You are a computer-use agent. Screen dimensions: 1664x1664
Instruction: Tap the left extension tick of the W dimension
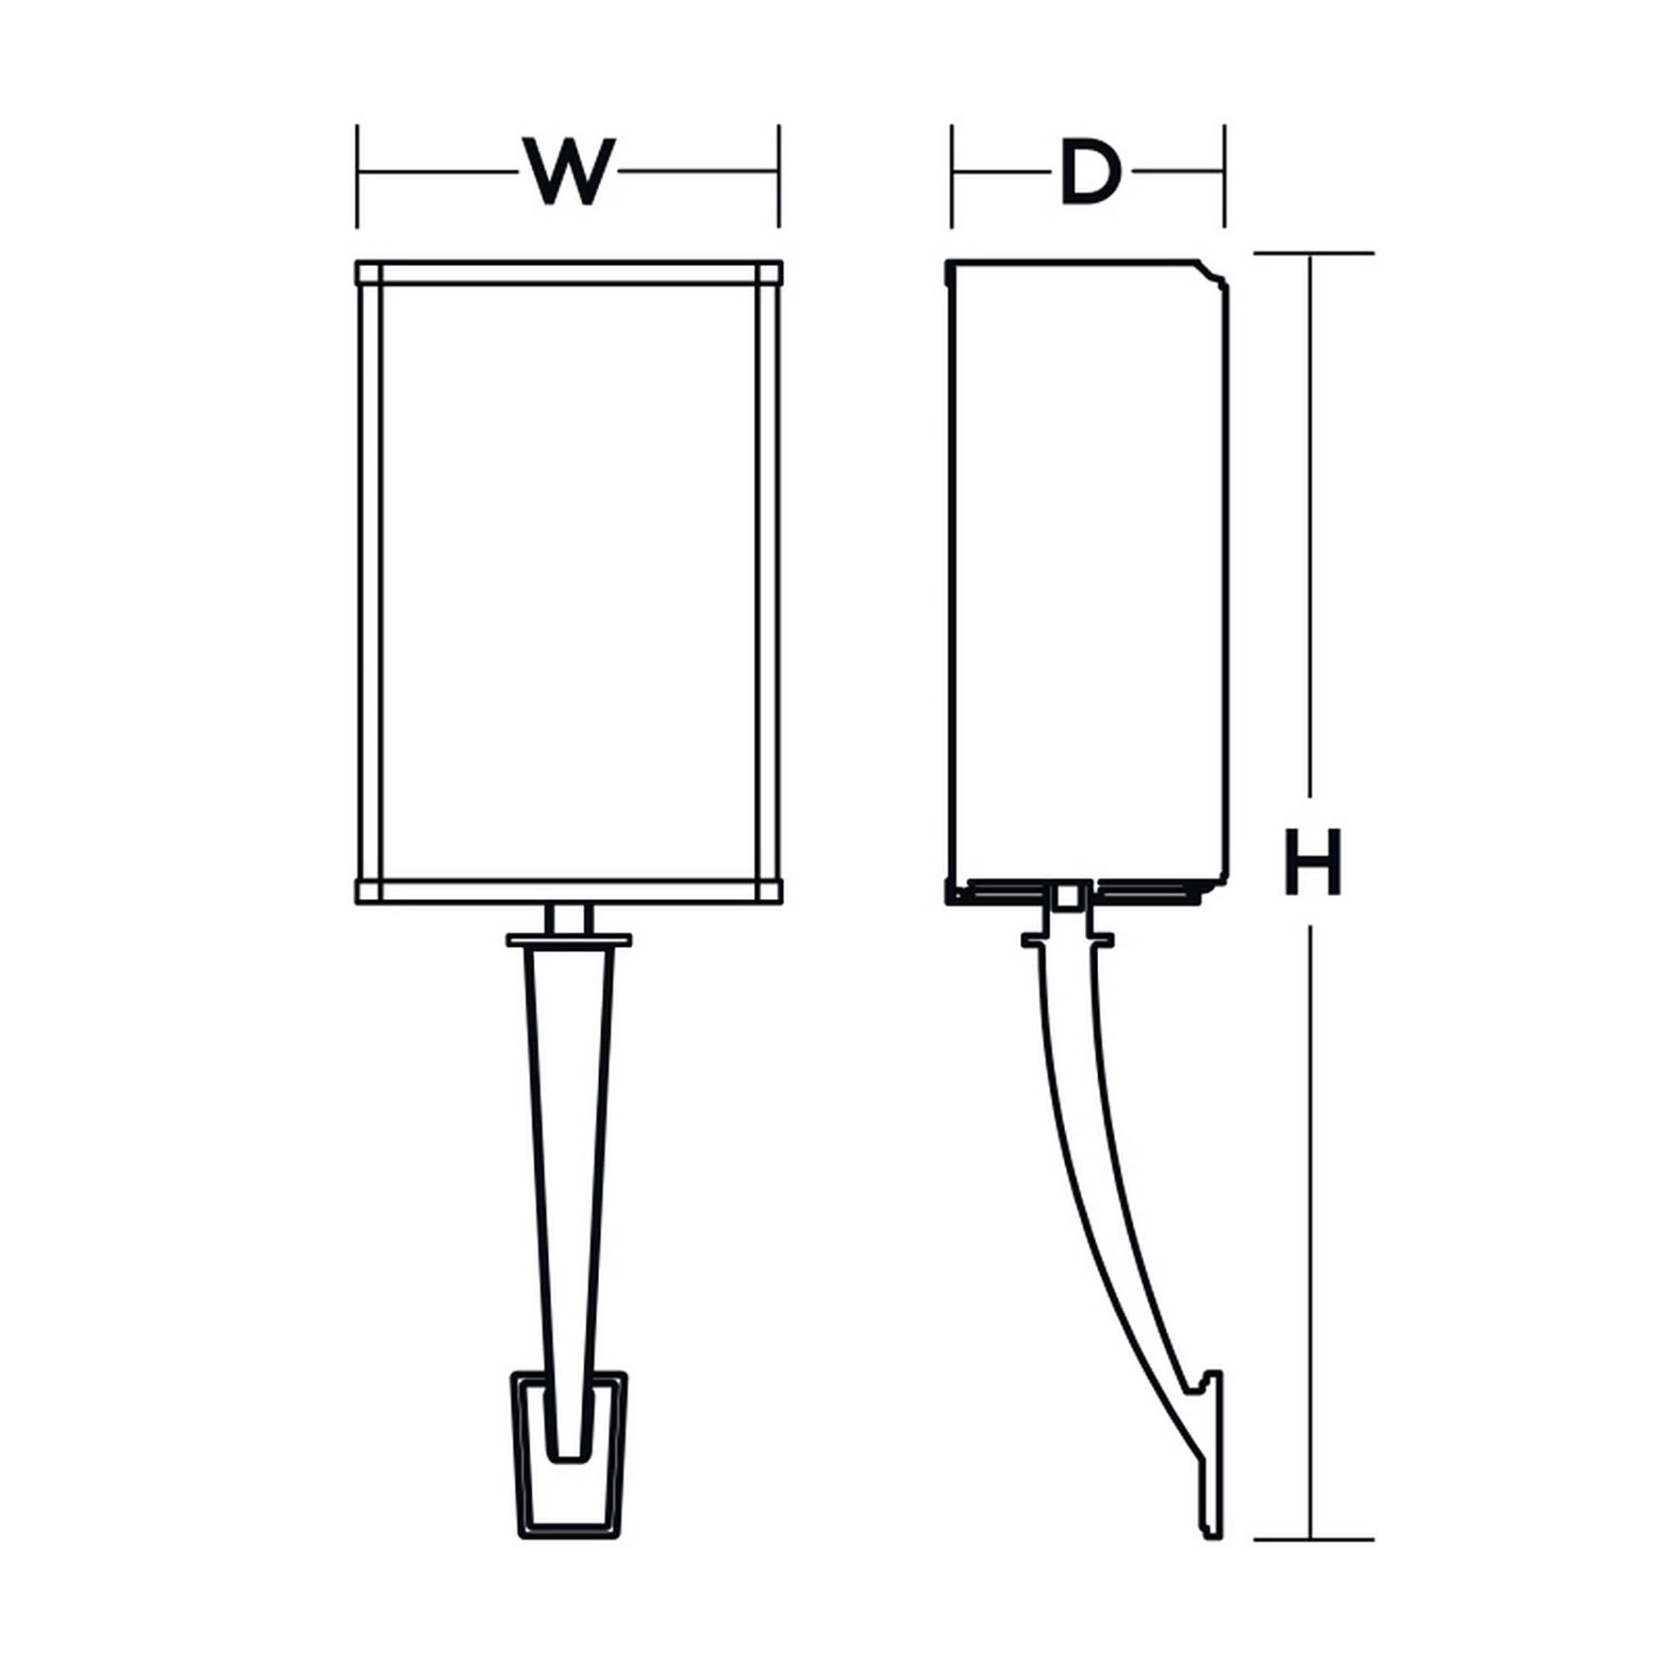click(358, 176)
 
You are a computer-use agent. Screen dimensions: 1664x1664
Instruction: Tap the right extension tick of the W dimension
click(780, 176)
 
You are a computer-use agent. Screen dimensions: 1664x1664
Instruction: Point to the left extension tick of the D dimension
click(952, 176)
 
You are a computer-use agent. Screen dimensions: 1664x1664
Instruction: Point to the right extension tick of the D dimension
click(1224, 176)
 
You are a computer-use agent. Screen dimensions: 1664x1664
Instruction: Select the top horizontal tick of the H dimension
click(1313, 253)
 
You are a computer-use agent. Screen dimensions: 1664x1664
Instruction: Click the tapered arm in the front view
click(569, 1163)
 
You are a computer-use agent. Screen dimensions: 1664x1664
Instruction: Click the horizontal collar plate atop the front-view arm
click(569, 940)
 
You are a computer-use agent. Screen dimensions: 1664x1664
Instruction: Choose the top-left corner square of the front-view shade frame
click(369, 273)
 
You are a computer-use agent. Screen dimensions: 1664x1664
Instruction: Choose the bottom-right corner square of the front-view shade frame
click(769, 890)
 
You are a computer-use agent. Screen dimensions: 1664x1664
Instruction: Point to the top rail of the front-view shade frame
click(569, 273)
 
